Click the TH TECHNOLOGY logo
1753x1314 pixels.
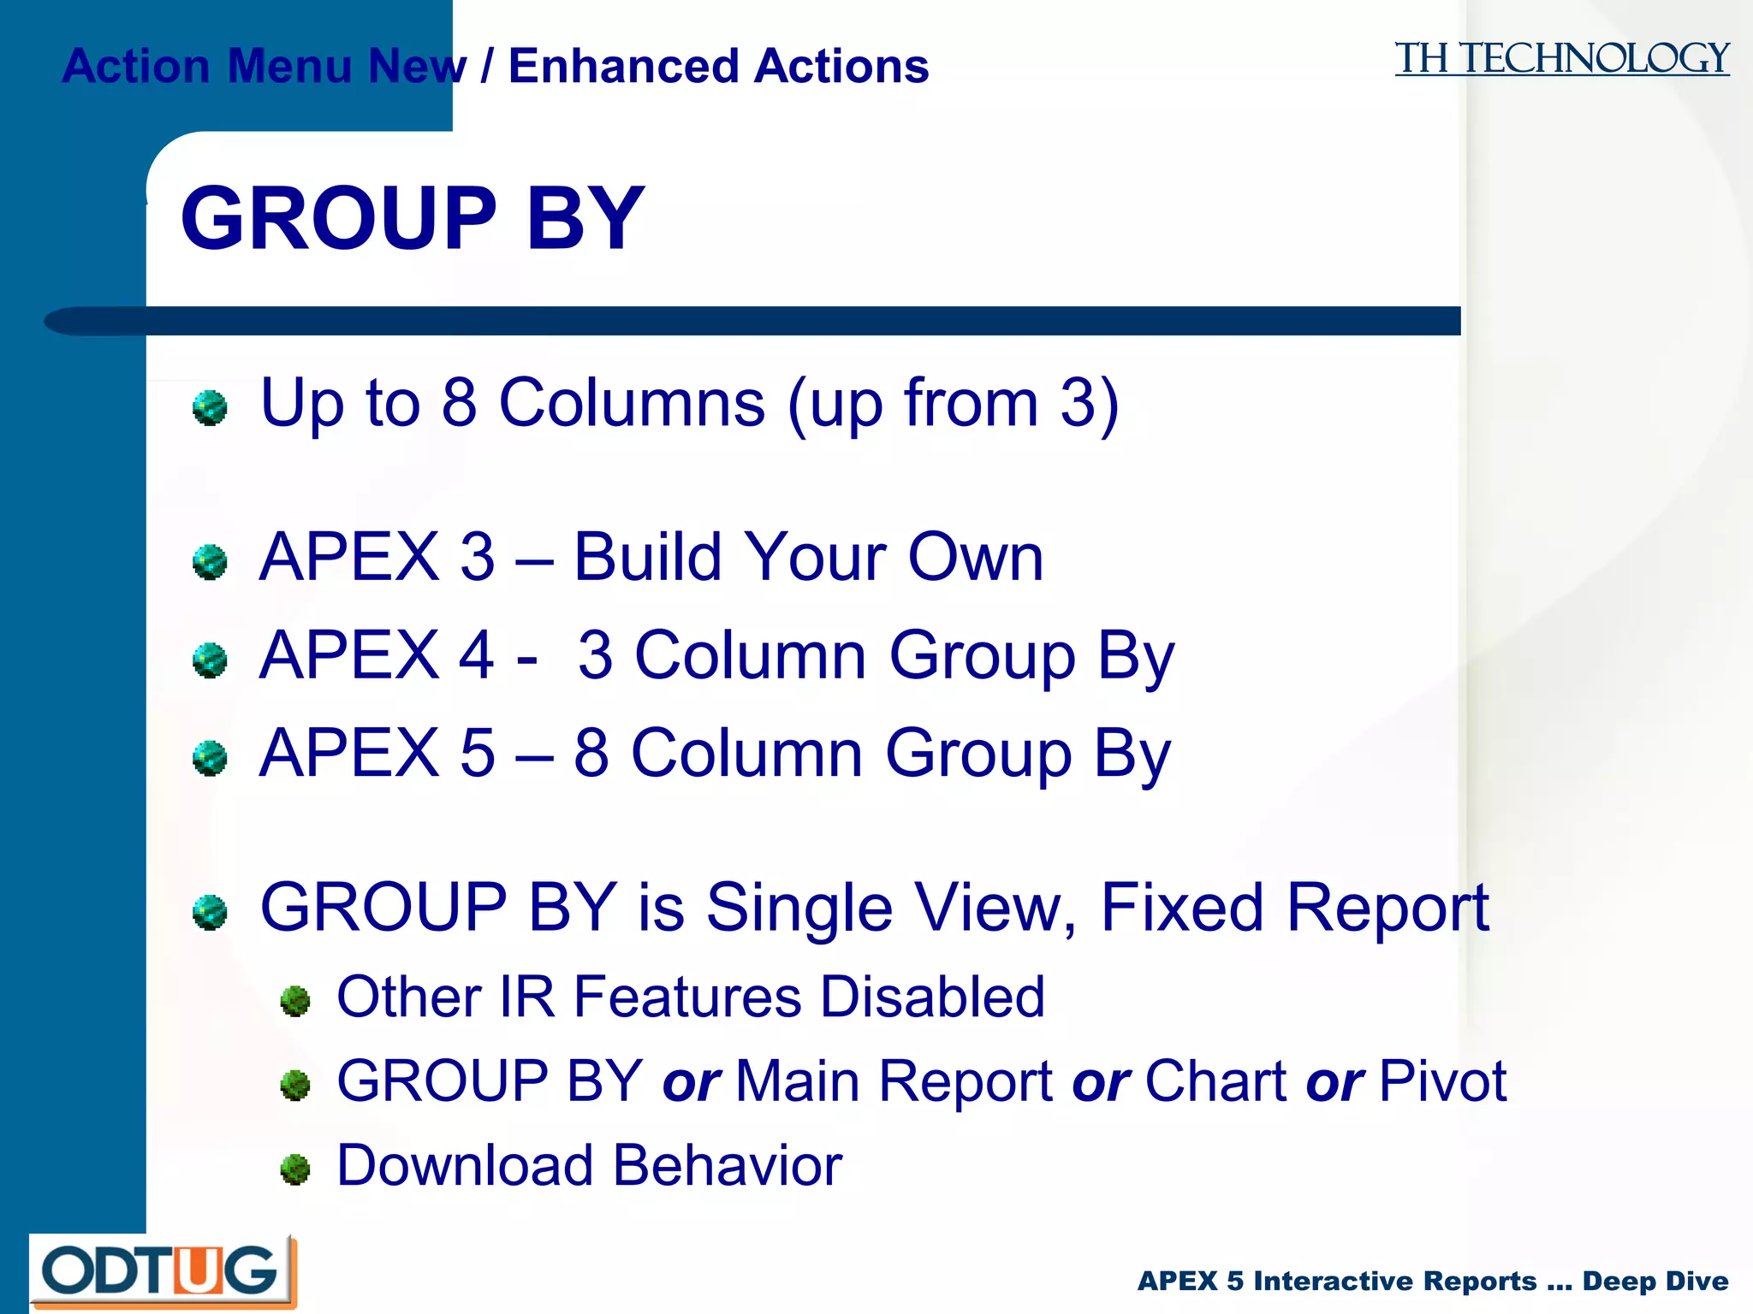click(1561, 60)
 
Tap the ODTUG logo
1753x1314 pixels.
click(163, 1271)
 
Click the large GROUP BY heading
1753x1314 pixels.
click(412, 219)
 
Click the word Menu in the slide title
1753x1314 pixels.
click(289, 67)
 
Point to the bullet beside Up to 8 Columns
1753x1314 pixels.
click(210, 407)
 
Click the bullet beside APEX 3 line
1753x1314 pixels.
click(210, 562)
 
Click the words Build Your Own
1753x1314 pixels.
click(808, 557)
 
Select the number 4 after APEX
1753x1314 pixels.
click(477, 655)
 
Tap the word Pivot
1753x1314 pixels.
click(1443, 1081)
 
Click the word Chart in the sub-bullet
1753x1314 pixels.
click(1215, 1081)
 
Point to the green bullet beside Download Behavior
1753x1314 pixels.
click(295, 1169)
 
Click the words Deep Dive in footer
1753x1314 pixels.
click(1655, 1281)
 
